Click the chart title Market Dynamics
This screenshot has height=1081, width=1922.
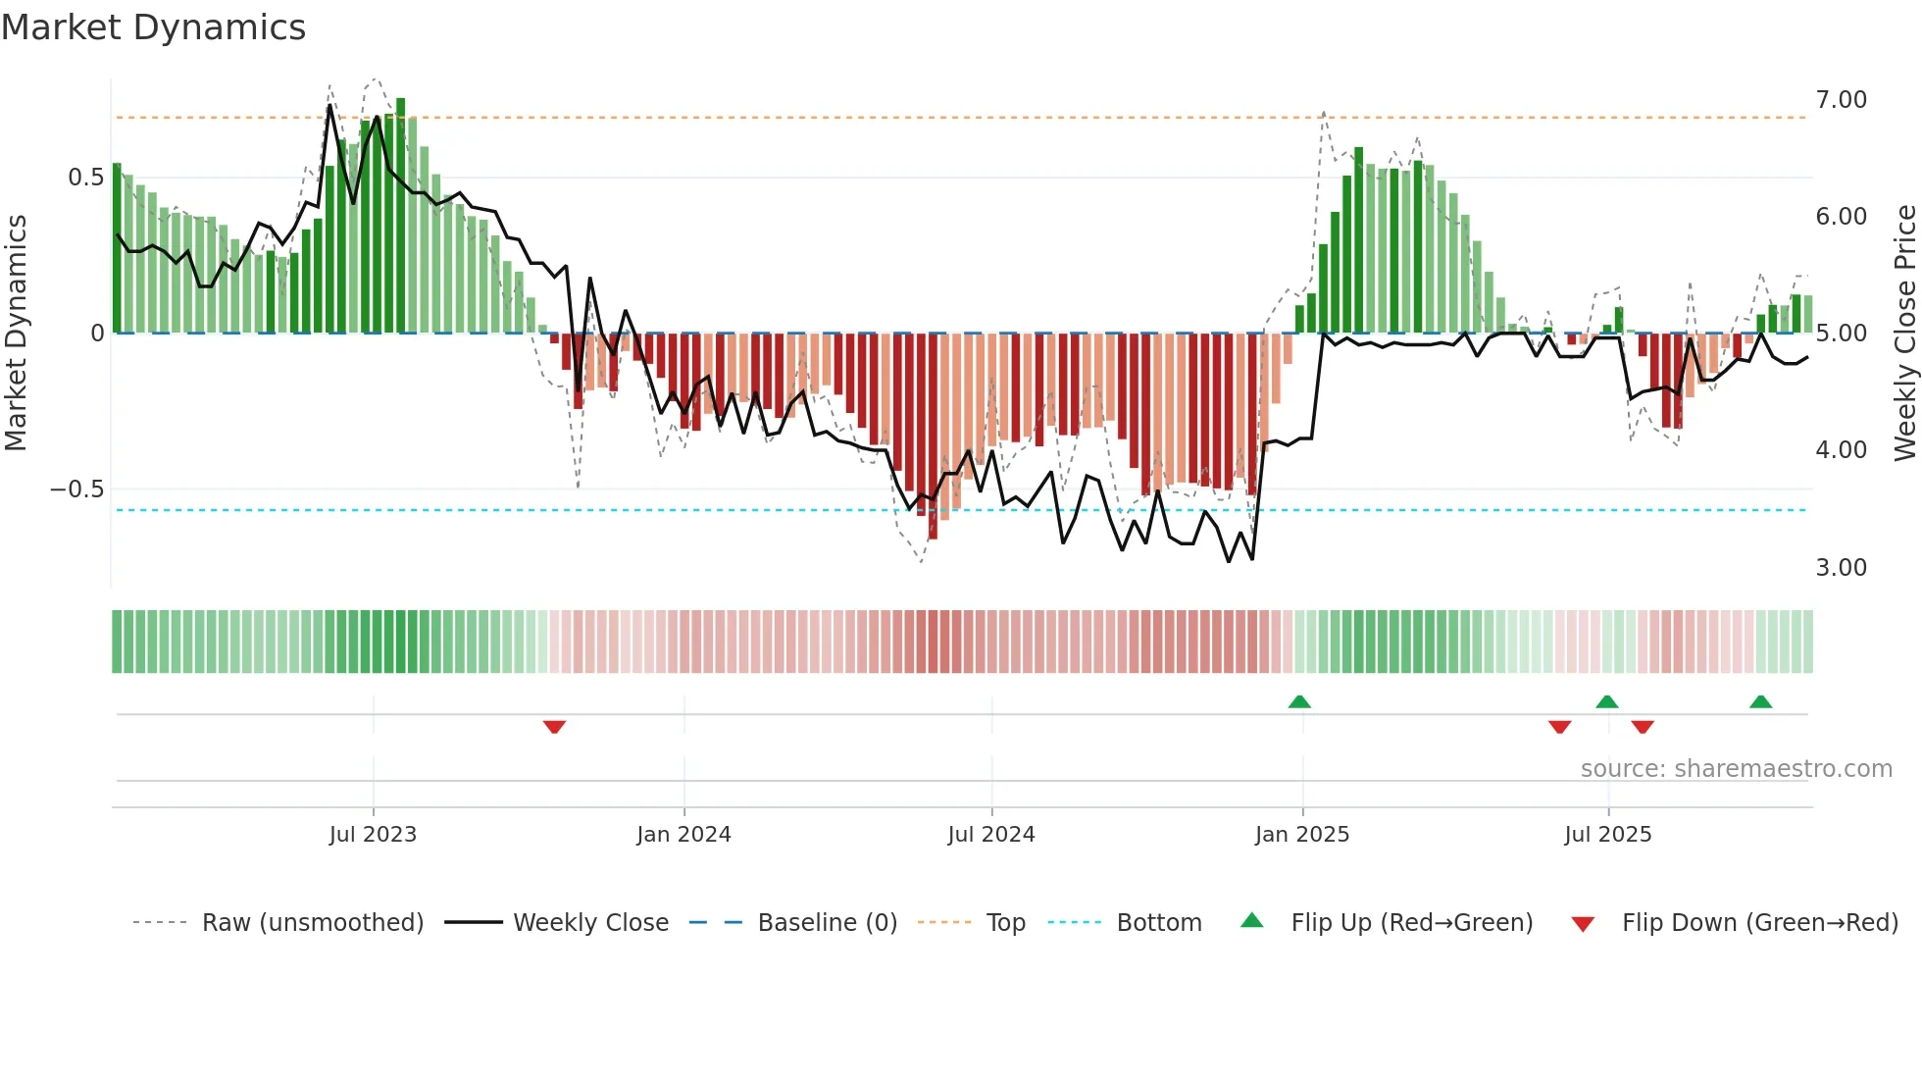click(154, 27)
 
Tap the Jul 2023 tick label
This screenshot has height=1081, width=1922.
click(373, 835)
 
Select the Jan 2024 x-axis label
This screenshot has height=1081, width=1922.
click(683, 835)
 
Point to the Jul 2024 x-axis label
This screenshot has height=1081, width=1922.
click(991, 835)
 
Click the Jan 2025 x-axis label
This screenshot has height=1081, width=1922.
click(1302, 835)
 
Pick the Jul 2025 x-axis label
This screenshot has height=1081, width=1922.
click(1608, 835)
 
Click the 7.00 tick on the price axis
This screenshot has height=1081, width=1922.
click(1841, 100)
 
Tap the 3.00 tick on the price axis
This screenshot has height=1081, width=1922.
click(1841, 568)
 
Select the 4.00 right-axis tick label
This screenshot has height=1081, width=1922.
click(1841, 450)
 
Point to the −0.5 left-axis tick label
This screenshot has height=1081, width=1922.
click(77, 489)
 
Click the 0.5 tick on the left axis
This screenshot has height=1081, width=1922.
click(85, 178)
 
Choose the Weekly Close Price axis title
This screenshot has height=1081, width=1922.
click(1904, 334)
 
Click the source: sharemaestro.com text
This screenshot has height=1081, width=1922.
click(1736, 769)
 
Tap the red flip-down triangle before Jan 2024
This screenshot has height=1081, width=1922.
click(554, 727)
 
